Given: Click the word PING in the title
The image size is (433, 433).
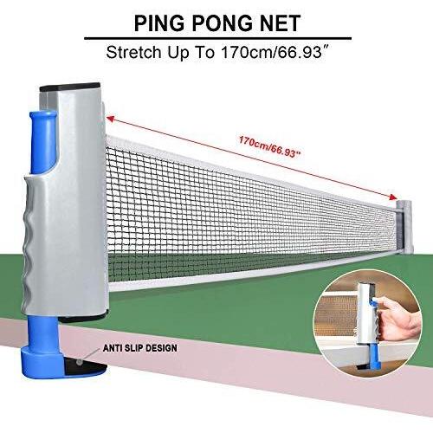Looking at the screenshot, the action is click(159, 23).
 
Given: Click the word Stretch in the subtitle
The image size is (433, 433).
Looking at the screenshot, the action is click(134, 52).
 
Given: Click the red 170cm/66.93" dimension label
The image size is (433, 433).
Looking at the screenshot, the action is click(270, 147).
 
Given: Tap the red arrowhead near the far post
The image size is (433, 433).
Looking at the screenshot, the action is click(392, 197).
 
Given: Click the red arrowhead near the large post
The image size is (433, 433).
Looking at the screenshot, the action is click(110, 119).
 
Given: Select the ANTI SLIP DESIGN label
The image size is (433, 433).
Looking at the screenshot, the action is click(140, 348).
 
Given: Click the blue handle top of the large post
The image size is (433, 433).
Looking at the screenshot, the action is click(43, 142).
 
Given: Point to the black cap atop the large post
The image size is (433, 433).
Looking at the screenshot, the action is click(70, 87).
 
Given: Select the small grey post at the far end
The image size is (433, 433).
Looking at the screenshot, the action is click(404, 226).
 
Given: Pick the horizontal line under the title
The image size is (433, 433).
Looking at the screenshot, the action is click(218, 38).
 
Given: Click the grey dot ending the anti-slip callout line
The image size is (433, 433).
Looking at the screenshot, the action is click(79, 361).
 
